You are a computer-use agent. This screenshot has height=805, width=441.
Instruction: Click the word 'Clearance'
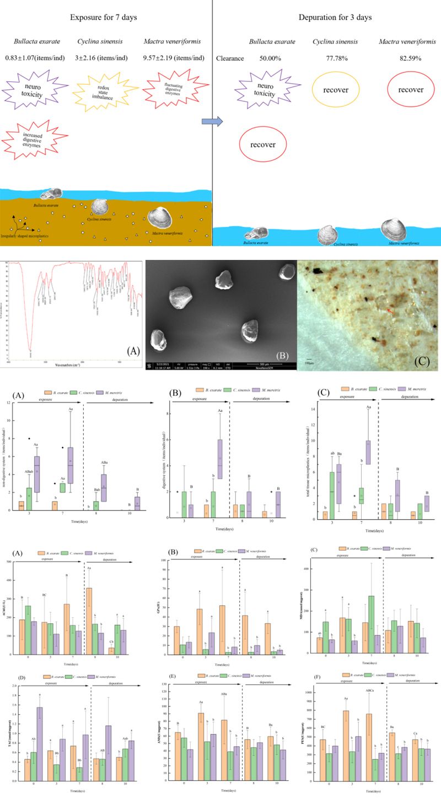click(x=230, y=58)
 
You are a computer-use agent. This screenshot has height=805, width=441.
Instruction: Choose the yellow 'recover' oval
click(x=336, y=90)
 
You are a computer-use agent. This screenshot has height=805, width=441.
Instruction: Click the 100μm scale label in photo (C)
click(x=309, y=363)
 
